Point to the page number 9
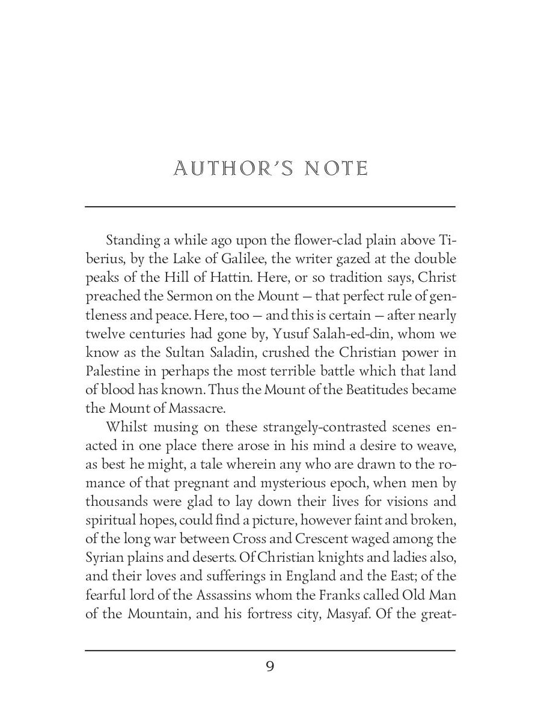tap(270, 666)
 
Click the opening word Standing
tap(133, 241)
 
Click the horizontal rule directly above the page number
tap(270, 650)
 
